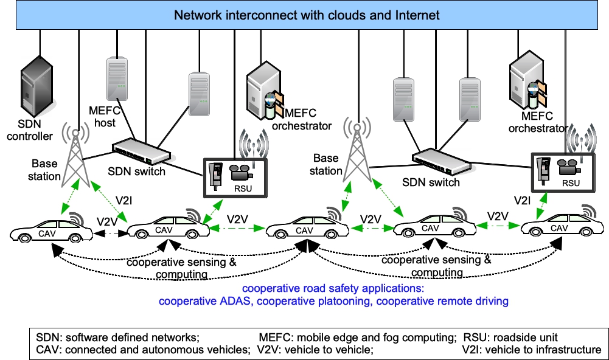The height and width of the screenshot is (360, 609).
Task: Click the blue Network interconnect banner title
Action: pyautogui.click(x=307, y=14)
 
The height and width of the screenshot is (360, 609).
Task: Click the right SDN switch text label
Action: pyautogui.click(x=431, y=182)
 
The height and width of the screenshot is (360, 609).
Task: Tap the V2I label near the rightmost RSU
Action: pyautogui.click(x=523, y=199)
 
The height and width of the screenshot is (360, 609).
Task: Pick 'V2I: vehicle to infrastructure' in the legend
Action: pyautogui.click(x=531, y=350)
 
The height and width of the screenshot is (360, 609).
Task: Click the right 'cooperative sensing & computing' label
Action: pyautogui.click(x=436, y=265)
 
